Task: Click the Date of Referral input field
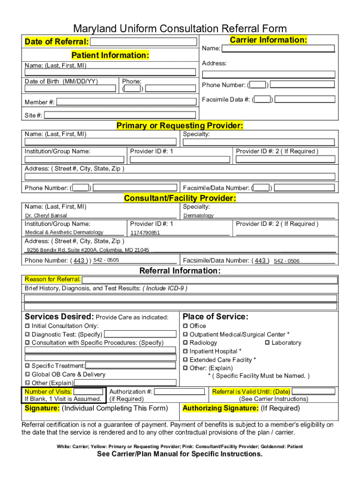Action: pyautogui.click(x=144, y=42)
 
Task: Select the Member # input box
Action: pyautogui.click(x=126, y=102)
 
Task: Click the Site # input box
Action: pyautogui.click(x=120, y=115)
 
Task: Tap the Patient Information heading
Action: pyautogui.click(x=110, y=55)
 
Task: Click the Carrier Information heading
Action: pyautogui.click(x=268, y=40)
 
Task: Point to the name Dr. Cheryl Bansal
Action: pyautogui.click(x=46, y=216)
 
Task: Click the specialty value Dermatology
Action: pyautogui.click(x=198, y=216)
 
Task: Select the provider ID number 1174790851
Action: pyautogui.click(x=145, y=232)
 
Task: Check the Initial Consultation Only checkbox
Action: pyautogui.click(x=27, y=326)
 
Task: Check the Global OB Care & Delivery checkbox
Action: pyautogui.click(x=27, y=375)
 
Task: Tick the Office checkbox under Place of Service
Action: pyautogui.click(x=185, y=326)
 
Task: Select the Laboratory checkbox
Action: pyautogui.click(x=267, y=343)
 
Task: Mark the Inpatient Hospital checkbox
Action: pyautogui.click(x=185, y=351)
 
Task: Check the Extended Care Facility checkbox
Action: pyautogui.click(x=185, y=360)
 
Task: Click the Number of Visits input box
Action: pyautogui.click(x=88, y=392)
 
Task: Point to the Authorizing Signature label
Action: pyautogui.click(x=220, y=408)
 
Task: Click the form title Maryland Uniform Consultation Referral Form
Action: pyautogui.click(x=180, y=29)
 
